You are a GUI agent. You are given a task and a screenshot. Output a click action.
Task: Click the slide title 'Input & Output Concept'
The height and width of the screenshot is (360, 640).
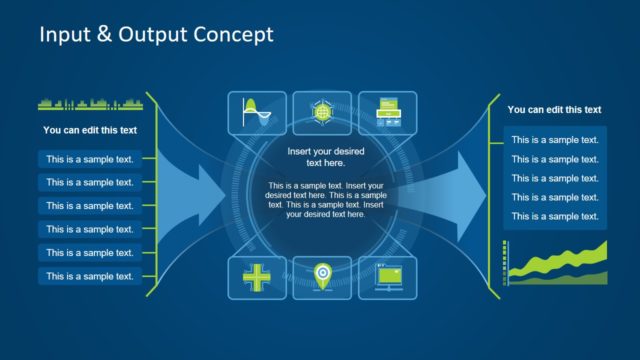tap(155, 35)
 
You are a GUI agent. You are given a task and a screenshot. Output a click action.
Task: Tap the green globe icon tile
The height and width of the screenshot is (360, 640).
tap(321, 113)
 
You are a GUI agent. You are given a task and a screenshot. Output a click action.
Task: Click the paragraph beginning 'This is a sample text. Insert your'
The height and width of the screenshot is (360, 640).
tap(325, 200)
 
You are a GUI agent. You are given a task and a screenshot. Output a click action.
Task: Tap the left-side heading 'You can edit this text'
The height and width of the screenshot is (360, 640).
tap(90, 130)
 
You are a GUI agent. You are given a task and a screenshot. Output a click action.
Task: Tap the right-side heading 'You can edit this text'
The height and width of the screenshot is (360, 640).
tap(554, 110)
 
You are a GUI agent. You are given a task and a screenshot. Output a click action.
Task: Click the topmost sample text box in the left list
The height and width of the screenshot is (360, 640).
tap(90, 158)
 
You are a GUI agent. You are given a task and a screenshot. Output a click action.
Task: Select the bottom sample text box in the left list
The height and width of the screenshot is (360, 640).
tap(90, 276)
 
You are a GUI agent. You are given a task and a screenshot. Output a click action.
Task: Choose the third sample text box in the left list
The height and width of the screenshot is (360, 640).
tap(90, 205)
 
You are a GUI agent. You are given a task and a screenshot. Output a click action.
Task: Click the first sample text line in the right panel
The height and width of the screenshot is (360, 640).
tap(555, 140)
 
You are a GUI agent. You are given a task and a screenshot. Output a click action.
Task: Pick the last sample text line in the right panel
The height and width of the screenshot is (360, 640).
tap(555, 216)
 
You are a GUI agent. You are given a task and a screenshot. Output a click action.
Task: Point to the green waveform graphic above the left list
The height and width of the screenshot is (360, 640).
tap(90, 103)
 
